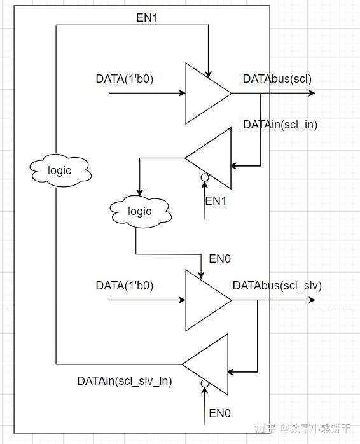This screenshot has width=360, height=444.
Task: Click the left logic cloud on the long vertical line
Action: point(60,170)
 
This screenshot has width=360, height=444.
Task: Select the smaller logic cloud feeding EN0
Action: point(140,211)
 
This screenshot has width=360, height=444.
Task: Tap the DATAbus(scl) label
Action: point(277,79)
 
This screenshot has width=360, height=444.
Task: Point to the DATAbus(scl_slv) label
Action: point(277,286)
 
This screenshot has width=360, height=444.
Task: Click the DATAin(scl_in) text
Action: point(280,125)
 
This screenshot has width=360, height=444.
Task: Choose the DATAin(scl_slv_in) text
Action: point(125,381)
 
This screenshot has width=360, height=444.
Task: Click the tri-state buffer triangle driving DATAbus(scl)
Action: point(205,93)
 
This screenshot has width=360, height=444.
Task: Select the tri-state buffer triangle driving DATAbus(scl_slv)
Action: point(205,300)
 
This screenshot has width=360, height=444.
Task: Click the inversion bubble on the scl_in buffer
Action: point(205,177)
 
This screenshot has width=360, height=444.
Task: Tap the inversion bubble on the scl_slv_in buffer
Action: point(204,384)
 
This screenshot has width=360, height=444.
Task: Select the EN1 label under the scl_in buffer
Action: point(216,201)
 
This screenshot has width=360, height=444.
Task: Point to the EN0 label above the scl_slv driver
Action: point(219,259)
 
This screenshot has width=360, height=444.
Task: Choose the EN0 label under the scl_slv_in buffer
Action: point(219,413)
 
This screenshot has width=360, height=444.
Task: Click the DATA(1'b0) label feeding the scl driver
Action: point(125,79)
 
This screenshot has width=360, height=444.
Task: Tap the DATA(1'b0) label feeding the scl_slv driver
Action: point(125,286)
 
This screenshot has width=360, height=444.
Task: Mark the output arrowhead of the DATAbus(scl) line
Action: point(311,93)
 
